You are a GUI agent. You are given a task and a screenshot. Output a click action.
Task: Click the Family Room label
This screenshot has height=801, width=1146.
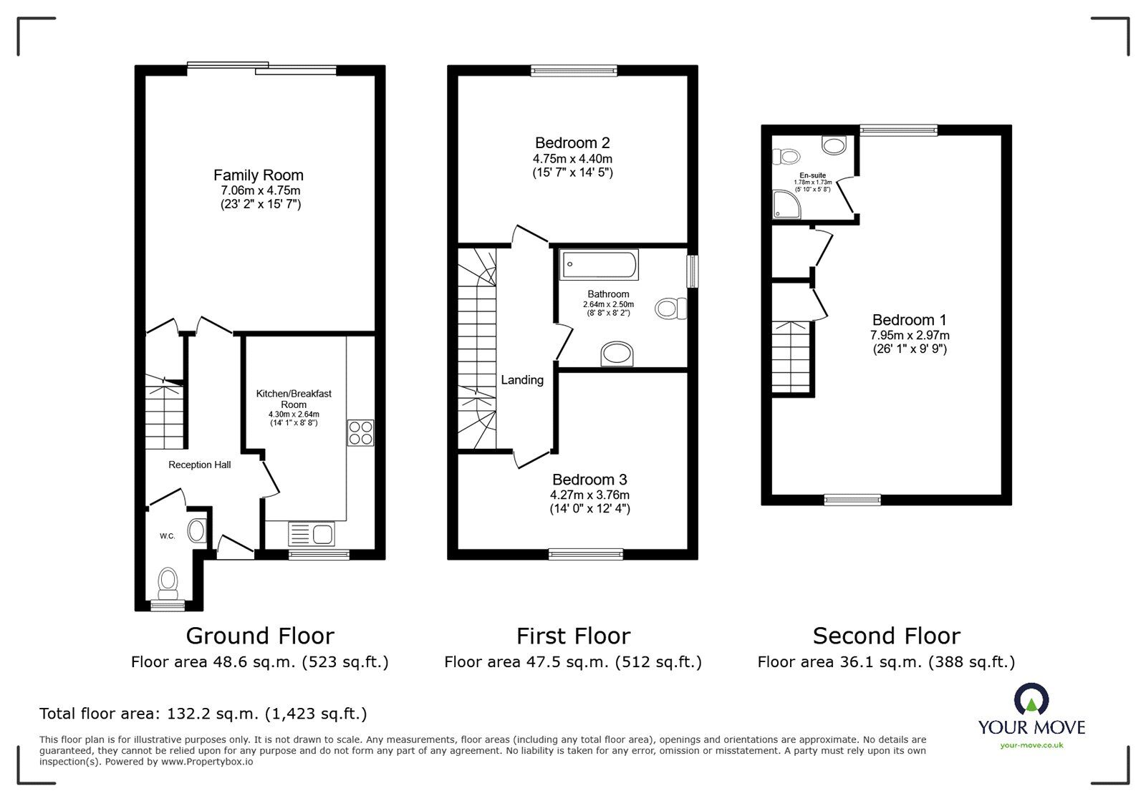259,175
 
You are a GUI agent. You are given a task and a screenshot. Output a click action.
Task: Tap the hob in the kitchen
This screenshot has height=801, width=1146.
360,433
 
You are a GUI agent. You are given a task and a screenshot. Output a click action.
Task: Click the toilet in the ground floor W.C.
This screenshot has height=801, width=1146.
168,583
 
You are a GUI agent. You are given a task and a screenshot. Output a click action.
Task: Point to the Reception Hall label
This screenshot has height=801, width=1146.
200,465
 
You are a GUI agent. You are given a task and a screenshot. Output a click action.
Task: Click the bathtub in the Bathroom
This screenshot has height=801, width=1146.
600,265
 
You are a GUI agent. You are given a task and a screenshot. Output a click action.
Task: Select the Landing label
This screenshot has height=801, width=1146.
522,380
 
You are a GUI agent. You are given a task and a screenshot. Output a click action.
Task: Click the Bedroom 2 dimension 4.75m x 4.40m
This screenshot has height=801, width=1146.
572,159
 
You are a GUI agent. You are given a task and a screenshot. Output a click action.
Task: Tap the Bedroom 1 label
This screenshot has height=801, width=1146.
904,320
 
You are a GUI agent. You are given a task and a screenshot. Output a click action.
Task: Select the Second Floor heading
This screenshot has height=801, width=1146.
886,636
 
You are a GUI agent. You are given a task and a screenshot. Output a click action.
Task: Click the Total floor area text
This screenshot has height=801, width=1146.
203,714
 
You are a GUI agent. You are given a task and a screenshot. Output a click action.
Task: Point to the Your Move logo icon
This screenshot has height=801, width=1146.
1031,700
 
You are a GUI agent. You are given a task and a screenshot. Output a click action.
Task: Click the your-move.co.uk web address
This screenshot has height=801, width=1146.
1031,745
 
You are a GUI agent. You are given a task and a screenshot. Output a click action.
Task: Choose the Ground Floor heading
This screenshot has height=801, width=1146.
260,636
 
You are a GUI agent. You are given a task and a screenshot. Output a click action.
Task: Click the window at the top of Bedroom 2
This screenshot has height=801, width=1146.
574,70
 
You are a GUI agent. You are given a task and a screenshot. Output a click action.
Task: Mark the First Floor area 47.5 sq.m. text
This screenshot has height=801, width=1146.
573,662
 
